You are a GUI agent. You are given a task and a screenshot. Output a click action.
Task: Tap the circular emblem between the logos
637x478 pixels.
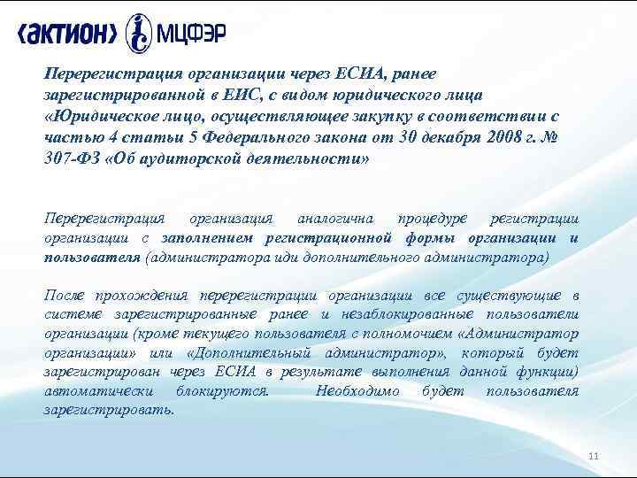139,35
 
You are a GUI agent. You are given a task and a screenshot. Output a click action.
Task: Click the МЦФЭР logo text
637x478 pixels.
191,35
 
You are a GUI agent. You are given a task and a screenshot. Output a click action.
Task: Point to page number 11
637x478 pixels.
594,456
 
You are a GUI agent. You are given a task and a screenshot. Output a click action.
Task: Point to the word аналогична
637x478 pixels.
334,217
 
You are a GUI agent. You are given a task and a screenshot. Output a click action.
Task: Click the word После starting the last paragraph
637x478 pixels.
65,295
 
